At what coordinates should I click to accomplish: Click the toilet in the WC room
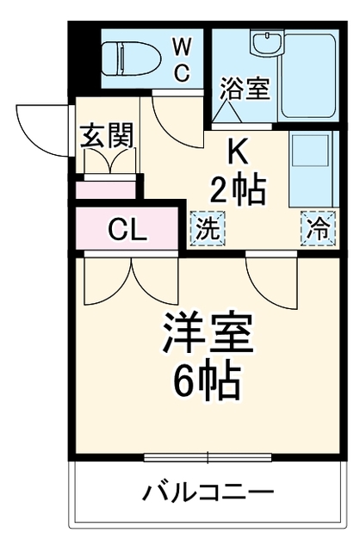click(x=131, y=58)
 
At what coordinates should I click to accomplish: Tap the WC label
click(x=183, y=59)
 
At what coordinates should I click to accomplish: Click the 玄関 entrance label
click(x=108, y=135)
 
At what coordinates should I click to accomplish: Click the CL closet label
click(x=127, y=229)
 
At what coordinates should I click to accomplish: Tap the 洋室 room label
click(x=208, y=331)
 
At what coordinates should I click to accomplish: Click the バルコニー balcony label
click(x=208, y=490)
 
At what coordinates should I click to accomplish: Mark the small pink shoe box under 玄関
click(x=106, y=190)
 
